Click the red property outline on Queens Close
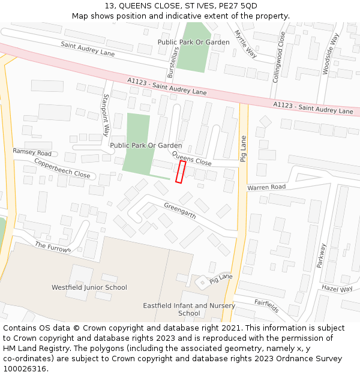click(179, 171)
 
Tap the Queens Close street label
click(192, 159)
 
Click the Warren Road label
click(266, 187)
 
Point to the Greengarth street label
click(180, 211)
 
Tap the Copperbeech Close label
click(62, 169)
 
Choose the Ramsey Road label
click(32, 152)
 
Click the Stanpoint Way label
click(106, 115)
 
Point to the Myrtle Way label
click(245, 44)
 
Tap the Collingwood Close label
click(279, 57)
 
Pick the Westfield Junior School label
click(89, 287)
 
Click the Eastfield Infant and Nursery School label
click(189, 309)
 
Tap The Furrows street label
click(53, 247)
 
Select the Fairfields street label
click(266, 306)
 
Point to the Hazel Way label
click(337, 289)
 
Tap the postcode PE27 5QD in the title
click(236, 6)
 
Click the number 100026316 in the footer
click(25, 368)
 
